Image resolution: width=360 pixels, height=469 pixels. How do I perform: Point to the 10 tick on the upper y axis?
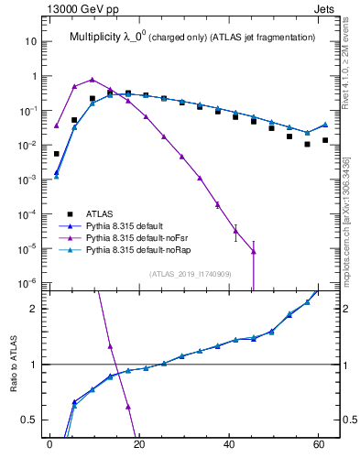tap(30, 42)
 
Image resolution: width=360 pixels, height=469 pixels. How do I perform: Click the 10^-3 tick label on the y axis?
tap(27, 180)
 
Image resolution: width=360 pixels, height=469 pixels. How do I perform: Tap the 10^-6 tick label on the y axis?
tap(27, 283)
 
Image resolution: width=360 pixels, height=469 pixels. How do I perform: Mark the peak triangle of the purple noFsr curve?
tap(92, 80)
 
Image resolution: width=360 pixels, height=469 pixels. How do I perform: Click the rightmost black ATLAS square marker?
tap(325, 140)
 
